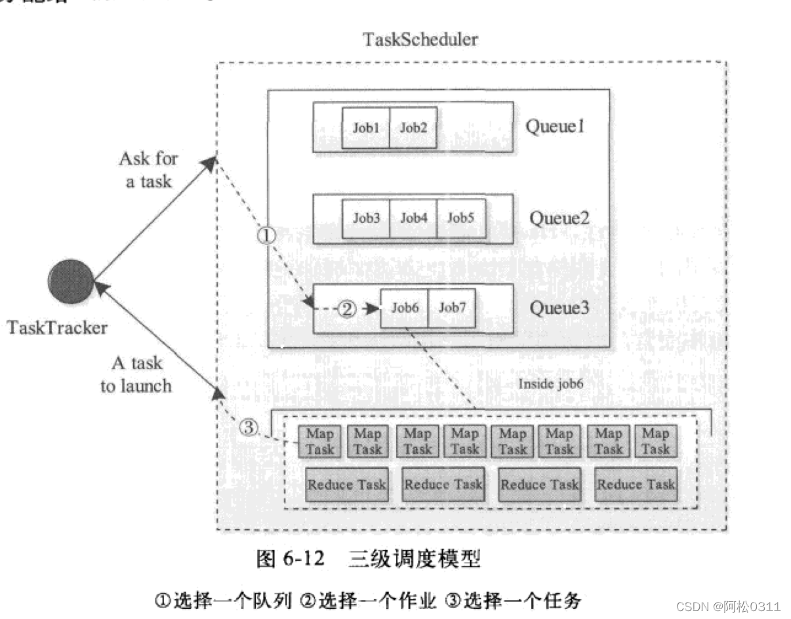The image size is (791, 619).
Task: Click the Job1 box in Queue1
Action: [x=366, y=128]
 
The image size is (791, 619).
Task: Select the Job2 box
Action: [x=413, y=128]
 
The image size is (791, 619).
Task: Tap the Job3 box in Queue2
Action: [x=366, y=218]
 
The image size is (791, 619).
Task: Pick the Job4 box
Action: [x=414, y=218]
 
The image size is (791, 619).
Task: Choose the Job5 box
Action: [x=461, y=218]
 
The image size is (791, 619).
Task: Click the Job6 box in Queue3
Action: [x=404, y=308]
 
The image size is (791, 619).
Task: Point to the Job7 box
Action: [x=451, y=308]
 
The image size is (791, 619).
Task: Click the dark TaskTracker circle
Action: [x=71, y=282]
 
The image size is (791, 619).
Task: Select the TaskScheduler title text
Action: [x=420, y=39]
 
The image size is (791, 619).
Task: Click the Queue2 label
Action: [x=559, y=218]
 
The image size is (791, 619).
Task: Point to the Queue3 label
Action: [x=559, y=308]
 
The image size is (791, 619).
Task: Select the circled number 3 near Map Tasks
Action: [x=247, y=428]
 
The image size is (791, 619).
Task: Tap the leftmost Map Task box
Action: [x=320, y=441]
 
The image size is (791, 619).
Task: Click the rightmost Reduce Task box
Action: [x=636, y=485]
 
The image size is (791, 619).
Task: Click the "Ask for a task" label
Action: [x=148, y=169]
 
